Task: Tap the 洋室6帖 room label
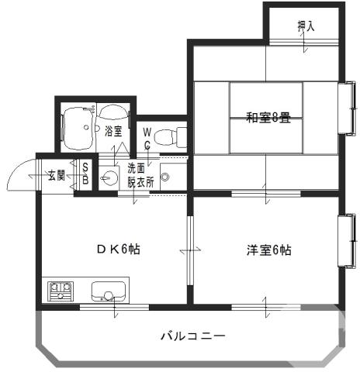[268, 250]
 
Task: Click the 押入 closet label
[306, 26]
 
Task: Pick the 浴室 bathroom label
[113, 131]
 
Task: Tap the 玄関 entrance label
[56, 175]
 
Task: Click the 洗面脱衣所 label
[140, 177]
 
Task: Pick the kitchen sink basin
[107, 292]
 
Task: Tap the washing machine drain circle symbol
[164, 177]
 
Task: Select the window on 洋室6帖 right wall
[344, 241]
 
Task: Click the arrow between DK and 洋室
[189, 250]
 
